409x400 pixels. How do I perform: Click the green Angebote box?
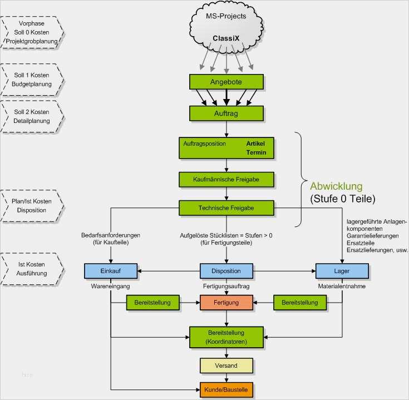coord(226,82)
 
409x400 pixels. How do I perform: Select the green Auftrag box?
coord(226,113)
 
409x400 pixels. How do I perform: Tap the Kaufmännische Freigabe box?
coord(226,180)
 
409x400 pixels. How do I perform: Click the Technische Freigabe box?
coord(226,208)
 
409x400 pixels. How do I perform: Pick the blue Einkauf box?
coord(110,271)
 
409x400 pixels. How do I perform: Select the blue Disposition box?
coord(226,271)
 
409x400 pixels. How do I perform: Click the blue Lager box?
coord(341,271)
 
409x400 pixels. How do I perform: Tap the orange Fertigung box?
coord(226,303)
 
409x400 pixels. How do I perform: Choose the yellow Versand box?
coord(226,366)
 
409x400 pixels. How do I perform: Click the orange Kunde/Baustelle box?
coord(226,389)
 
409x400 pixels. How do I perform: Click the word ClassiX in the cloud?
coord(226,38)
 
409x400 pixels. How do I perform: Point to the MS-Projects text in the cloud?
coord(226,16)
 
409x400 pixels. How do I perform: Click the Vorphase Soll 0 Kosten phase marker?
coord(32,33)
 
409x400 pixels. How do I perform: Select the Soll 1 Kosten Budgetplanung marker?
coord(32,80)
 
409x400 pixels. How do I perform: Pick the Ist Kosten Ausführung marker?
coord(32,269)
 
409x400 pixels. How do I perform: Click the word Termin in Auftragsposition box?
coord(256,152)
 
